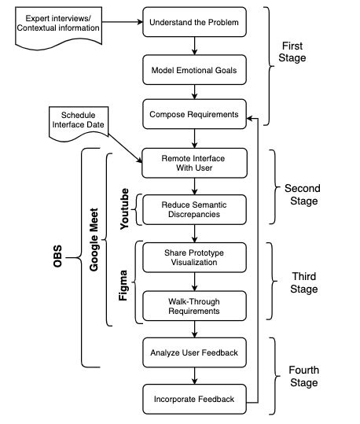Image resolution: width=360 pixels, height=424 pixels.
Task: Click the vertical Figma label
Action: (x=123, y=282)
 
